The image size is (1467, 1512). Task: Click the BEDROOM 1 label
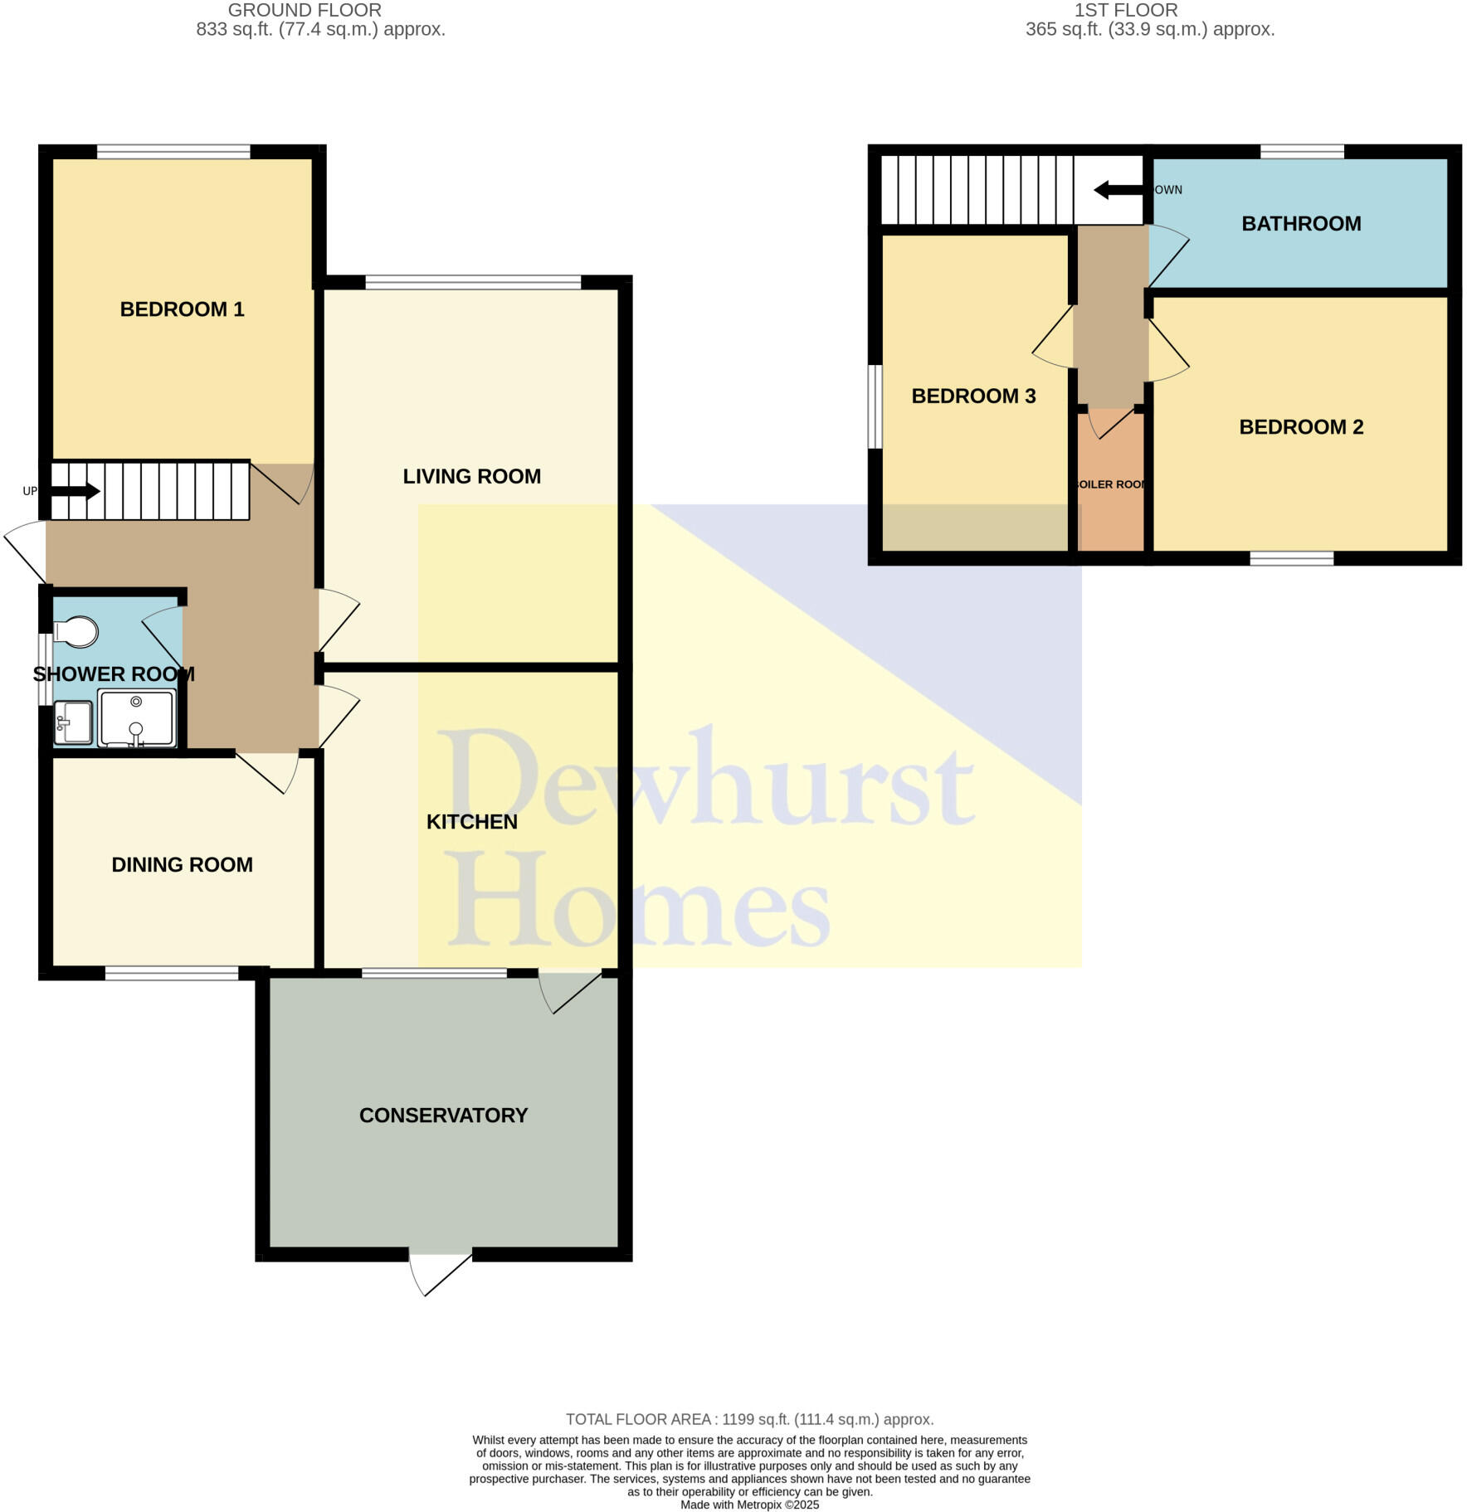(182, 309)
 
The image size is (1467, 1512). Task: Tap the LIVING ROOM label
(471, 476)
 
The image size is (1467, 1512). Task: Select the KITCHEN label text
(471, 821)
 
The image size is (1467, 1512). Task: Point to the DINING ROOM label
(182, 864)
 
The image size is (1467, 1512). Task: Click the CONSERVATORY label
(443, 1115)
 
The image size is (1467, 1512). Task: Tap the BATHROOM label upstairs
(1300, 223)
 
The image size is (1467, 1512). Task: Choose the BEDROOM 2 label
(1300, 426)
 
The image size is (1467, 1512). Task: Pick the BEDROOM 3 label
(973, 396)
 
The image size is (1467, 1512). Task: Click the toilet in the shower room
(77, 632)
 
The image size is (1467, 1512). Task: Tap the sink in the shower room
(73, 722)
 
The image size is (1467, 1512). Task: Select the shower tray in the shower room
(137, 717)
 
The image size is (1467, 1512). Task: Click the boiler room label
(1111, 484)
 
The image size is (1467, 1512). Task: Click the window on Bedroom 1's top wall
(173, 152)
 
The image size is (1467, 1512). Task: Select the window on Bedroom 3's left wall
(875, 406)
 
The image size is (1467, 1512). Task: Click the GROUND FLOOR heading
(305, 11)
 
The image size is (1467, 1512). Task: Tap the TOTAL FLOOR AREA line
(749, 1419)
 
